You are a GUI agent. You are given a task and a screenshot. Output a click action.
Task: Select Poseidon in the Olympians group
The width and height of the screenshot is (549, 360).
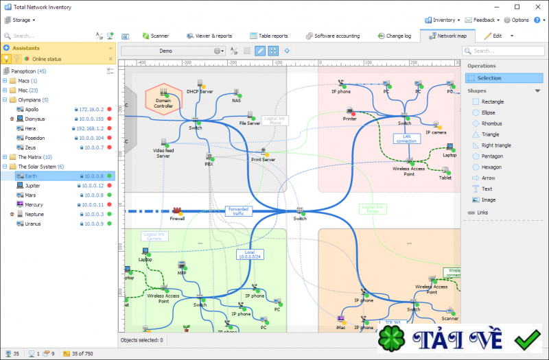36,138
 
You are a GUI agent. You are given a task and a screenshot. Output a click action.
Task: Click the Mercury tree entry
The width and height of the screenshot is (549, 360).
34,204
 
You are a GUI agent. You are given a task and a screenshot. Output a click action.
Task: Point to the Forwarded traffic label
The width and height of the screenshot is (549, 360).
238,211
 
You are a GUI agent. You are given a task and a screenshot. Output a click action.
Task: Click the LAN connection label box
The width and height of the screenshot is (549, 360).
406,139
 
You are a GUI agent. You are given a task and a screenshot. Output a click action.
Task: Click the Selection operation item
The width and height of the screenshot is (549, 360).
489,78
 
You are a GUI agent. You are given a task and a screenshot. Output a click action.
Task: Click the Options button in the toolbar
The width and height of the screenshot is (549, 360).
516,20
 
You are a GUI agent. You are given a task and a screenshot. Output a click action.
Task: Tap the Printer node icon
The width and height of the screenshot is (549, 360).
350,111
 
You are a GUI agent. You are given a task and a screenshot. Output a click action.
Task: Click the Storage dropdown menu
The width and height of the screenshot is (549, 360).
21,20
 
